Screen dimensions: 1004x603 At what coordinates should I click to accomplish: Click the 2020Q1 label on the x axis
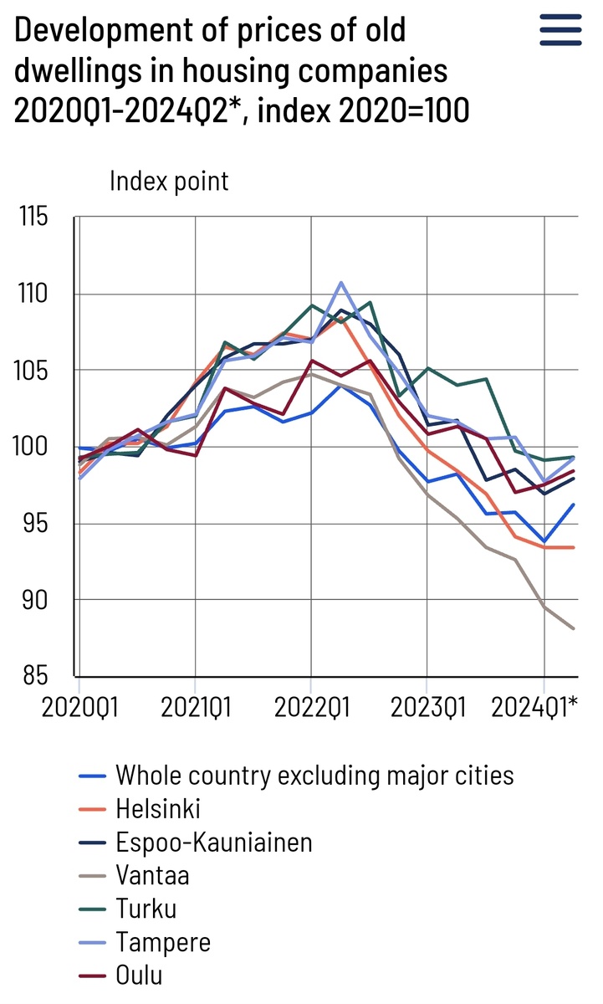coord(80,708)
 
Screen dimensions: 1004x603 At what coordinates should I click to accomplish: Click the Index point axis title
coord(169,181)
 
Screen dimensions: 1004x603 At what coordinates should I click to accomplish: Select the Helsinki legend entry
coord(158,809)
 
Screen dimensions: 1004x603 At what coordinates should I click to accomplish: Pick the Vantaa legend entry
coord(152,876)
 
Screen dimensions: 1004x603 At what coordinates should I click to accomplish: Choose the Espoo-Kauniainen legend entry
coord(213,843)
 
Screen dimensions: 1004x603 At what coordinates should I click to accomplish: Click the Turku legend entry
coord(146,909)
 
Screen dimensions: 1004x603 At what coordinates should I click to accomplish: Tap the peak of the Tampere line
coord(341,282)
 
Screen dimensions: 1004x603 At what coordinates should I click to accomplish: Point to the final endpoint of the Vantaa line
coord(574,628)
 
